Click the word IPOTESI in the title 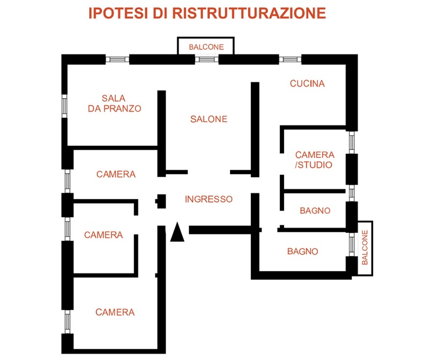point(118,13)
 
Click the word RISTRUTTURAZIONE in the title point(249,13)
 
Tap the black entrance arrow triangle point(177,232)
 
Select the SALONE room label point(209,119)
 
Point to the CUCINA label point(307,84)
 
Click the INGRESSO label point(209,199)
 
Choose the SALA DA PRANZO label point(114,103)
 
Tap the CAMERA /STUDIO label point(315,160)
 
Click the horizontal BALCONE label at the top point(206,47)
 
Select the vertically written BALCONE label point(365,247)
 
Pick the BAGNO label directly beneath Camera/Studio point(315,211)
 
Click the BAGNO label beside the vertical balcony point(303,251)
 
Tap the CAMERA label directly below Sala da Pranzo point(116,174)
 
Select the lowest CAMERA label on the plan point(115,312)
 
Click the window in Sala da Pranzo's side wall point(64,106)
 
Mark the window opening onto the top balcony point(207,59)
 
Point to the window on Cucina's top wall point(290,59)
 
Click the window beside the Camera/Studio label point(352,142)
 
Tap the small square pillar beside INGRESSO point(161,201)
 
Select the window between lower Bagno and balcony point(352,244)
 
